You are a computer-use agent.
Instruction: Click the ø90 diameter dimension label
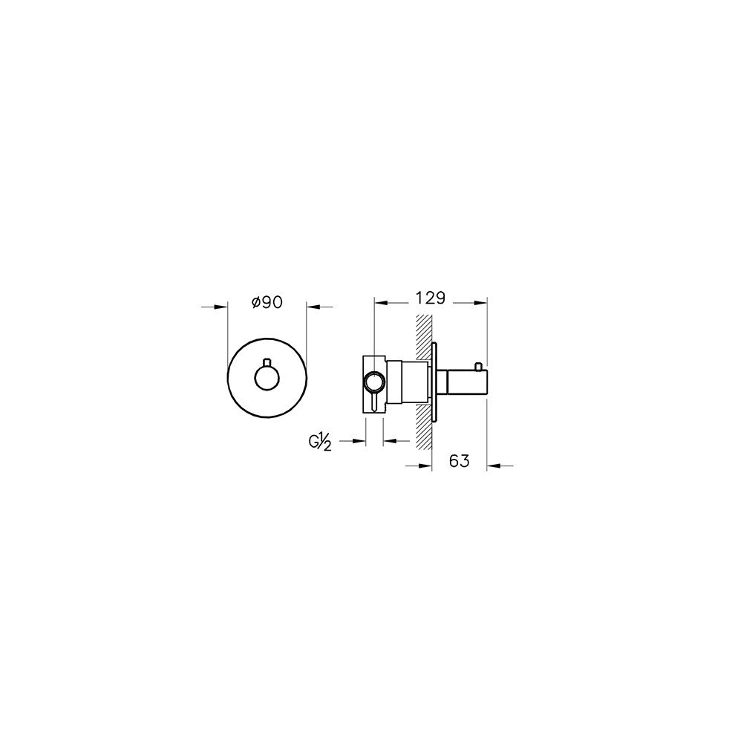[x=267, y=302]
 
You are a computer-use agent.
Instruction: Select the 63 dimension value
[x=459, y=461]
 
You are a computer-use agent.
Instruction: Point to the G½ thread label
[x=320, y=442]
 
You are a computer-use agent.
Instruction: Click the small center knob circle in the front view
[x=267, y=378]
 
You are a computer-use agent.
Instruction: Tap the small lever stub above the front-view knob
[x=267, y=362]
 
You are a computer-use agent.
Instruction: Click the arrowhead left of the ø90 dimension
[x=221, y=307]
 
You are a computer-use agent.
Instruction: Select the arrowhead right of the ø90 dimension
[x=313, y=307]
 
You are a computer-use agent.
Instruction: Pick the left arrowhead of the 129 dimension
[x=380, y=302]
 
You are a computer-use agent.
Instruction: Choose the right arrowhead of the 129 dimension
[x=480, y=302]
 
